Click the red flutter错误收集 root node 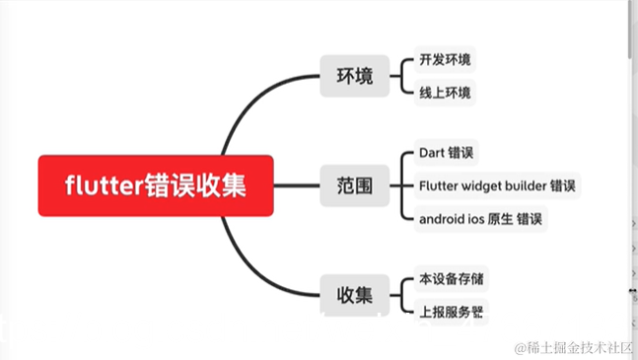coord(156,184)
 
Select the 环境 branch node coord(354,75)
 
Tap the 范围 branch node coord(354,184)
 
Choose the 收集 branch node coord(354,294)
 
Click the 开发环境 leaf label coord(445,60)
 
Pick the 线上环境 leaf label coord(445,93)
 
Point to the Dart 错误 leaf coord(447,154)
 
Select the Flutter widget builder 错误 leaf coord(497,185)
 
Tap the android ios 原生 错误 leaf coord(481,217)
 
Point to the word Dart coord(432,154)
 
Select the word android coord(442,217)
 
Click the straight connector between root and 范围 coord(297,184)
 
